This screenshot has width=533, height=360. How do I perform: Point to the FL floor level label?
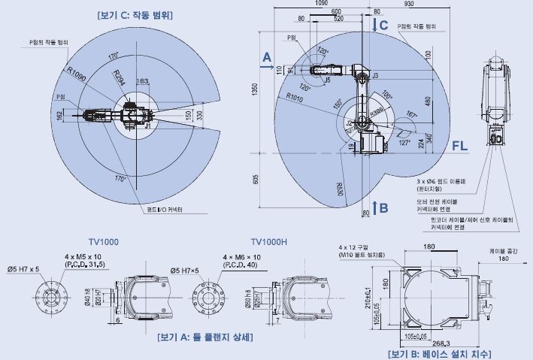[x=460, y=145]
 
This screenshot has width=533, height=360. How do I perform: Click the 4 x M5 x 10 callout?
[x=83, y=256]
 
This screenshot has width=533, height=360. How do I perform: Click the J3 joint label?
[x=374, y=76]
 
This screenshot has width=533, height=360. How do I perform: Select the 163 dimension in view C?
[x=142, y=81]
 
